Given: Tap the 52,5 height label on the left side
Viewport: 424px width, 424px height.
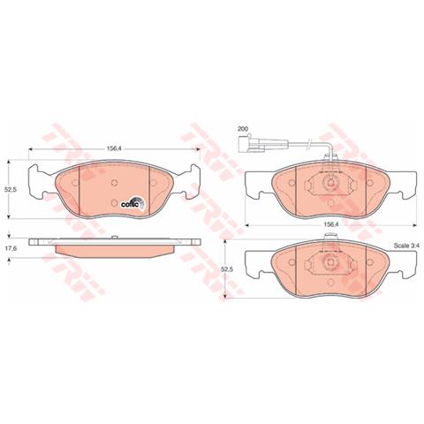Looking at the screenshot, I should [11, 188].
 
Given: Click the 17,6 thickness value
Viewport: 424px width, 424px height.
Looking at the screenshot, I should [11, 248].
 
